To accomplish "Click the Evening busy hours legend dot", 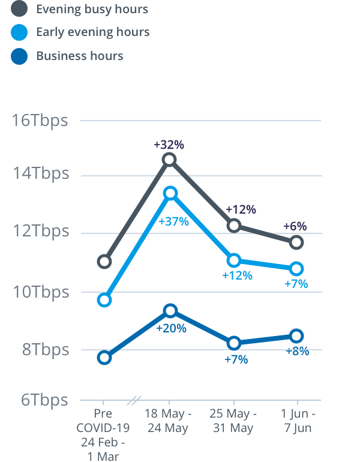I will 20,9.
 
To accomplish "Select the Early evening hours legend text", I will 92,32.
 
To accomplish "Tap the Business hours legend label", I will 79,56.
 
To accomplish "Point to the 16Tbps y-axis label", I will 41,120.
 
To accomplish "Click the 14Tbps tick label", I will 41,174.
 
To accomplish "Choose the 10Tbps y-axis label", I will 41,292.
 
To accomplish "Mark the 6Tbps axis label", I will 41,400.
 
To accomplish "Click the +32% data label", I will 169,145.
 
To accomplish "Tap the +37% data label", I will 173,221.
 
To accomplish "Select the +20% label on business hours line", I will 171,328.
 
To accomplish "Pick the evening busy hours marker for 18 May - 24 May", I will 170,160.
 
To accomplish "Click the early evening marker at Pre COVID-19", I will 104,300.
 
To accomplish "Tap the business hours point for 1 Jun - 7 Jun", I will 296,335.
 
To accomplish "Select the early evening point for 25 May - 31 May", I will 234,260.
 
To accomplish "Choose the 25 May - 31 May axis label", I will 234,421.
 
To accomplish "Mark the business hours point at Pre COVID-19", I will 104,358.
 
